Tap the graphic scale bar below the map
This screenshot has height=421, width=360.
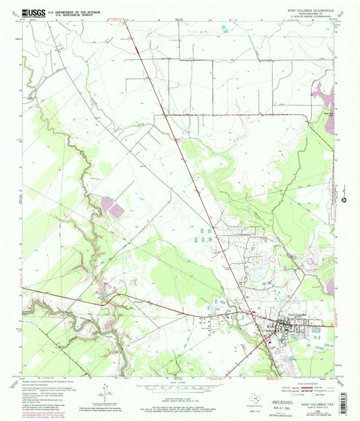pos(180,384)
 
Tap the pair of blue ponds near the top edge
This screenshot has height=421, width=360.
pos(224,28)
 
